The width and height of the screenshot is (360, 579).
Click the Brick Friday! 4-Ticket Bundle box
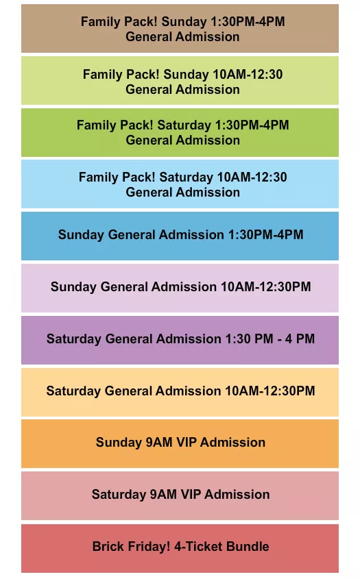click(x=180, y=547)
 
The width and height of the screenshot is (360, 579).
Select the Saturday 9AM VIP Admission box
click(x=180, y=495)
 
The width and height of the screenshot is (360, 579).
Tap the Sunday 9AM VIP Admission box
click(x=180, y=443)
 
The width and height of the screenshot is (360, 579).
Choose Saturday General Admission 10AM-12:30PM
click(x=180, y=391)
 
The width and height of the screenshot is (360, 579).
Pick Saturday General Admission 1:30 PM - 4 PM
click(x=180, y=339)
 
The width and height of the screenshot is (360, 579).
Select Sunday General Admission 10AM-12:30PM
click(x=180, y=287)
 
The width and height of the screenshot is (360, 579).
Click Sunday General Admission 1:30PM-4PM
click(x=180, y=235)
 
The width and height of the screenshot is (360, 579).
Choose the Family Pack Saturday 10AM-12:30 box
click(x=180, y=184)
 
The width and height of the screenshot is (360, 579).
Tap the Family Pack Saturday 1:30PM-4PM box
click(x=180, y=132)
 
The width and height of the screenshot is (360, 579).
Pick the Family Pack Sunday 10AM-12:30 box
click(x=180, y=81)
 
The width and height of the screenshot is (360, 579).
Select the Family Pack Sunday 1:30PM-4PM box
click(x=180, y=29)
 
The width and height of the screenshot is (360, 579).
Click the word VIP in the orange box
click(x=187, y=443)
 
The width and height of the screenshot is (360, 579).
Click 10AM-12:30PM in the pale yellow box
click(x=270, y=391)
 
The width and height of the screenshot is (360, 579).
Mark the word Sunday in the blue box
click(x=81, y=235)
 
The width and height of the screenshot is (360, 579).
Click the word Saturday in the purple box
click(x=74, y=339)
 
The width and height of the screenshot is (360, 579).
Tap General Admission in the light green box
click(x=182, y=89)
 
